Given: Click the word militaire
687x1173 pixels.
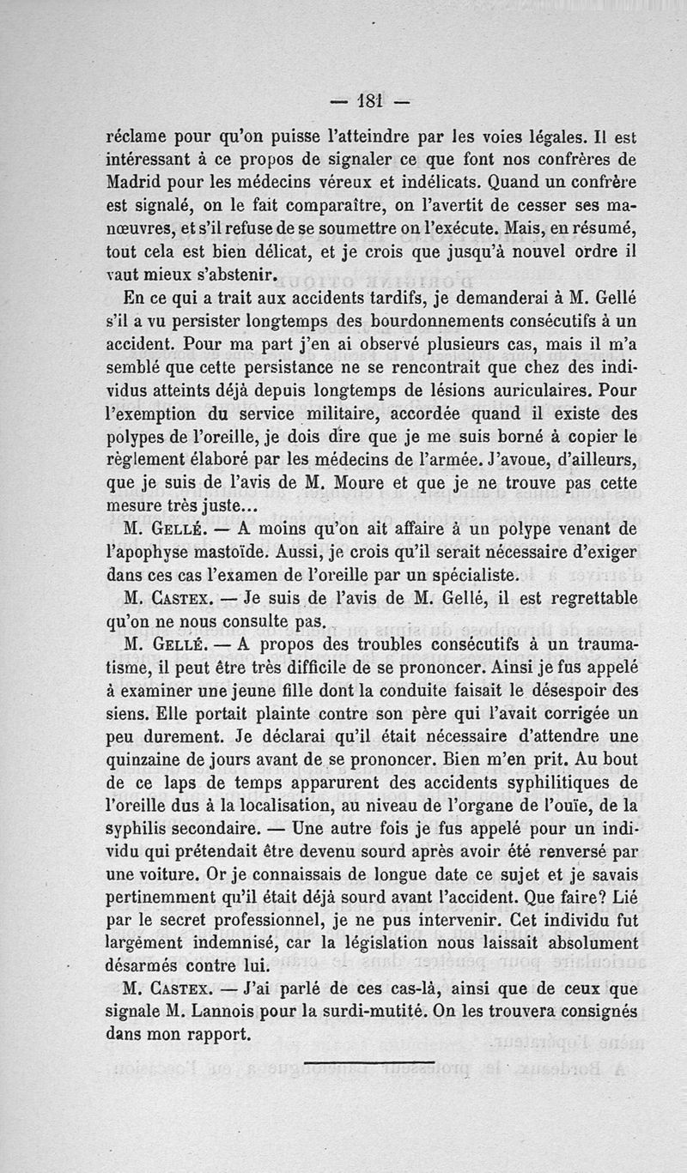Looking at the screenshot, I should click(275, 413).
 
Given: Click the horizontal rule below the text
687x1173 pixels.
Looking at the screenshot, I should click(369, 1062).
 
